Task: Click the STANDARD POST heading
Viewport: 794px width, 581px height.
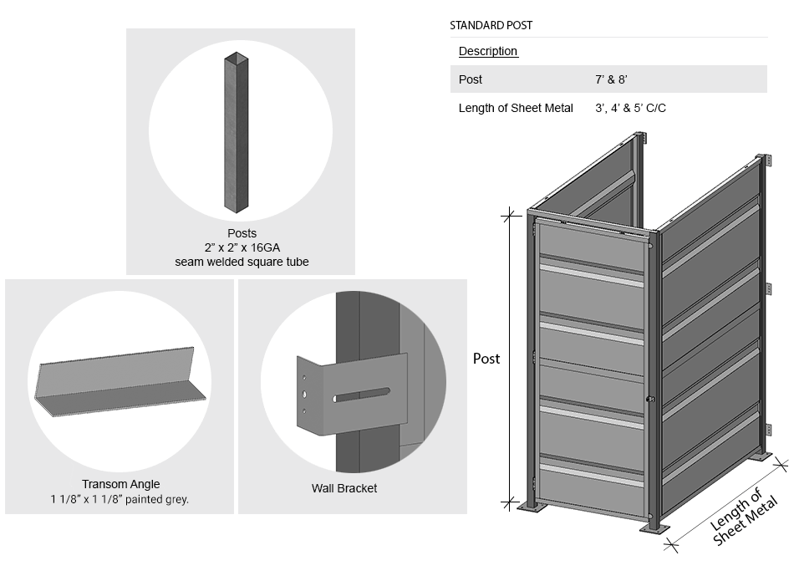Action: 491,26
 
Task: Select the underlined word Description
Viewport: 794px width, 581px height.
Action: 488,52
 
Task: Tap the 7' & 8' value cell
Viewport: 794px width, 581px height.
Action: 611,79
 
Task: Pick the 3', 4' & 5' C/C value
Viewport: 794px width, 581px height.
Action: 630,108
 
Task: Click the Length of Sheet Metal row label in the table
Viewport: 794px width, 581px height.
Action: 516,108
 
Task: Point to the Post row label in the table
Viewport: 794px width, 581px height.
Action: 471,79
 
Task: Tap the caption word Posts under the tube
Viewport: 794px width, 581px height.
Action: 242,233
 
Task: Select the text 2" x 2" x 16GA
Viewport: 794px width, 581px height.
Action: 242,247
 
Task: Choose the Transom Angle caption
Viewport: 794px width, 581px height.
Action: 120,484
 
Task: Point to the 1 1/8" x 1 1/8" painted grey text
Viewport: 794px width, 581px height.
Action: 119,499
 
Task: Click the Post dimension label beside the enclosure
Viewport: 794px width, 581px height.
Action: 486,359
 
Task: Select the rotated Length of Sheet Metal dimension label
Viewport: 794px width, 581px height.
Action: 744,519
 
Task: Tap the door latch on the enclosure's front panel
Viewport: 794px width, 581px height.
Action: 649,399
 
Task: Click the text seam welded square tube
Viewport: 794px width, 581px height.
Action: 242,262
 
